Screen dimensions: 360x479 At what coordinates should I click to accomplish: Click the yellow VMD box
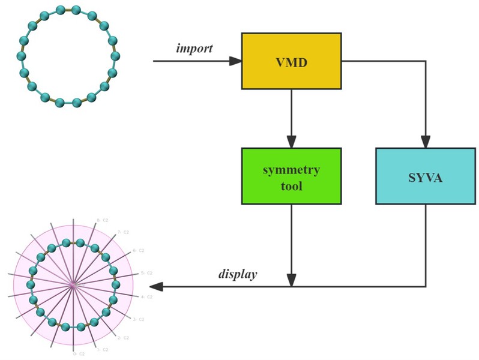291,61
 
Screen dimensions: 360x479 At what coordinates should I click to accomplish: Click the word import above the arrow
194,48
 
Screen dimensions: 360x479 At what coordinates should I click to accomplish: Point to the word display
237,274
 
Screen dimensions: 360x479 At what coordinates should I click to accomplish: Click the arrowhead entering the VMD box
236,61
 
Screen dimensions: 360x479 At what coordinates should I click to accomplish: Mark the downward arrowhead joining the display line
291,281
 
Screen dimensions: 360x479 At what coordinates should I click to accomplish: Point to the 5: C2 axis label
146,273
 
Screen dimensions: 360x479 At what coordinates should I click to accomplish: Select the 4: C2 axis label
146,296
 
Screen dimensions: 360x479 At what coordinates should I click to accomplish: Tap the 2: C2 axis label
124,338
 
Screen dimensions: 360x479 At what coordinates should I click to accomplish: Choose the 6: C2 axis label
138,250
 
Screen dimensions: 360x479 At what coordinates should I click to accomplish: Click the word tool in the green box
291,186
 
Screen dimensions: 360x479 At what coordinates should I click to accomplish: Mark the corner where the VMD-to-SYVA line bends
426,61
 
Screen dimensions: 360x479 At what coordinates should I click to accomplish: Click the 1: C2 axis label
101,349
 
